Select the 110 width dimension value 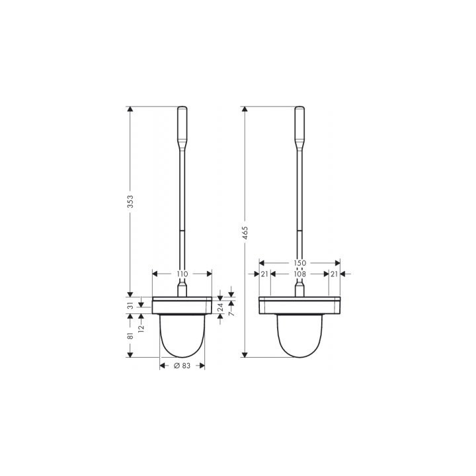182,274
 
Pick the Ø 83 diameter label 182,366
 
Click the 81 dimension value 130,336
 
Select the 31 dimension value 130,305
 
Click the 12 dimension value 141,327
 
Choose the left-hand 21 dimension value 264,274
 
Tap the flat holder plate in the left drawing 182,305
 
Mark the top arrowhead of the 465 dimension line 245,110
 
